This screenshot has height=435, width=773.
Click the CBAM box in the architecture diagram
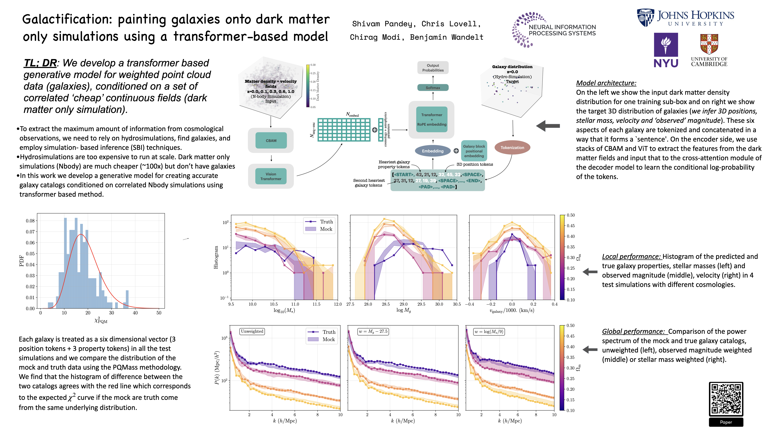[x=271, y=140]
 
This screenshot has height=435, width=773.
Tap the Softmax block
[x=433, y=88]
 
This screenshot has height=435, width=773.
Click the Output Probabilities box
[x=433, y=68]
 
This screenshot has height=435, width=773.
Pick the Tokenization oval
[x=512, y=147]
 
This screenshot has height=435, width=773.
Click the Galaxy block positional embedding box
[x=474, y=151]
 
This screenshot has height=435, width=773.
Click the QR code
[x=726, y=399]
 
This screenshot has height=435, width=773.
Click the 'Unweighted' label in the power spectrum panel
[x=252, y=331]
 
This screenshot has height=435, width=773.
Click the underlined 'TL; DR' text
[x=40, y=63]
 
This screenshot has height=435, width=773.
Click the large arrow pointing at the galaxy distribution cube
[x=548, y=126]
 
